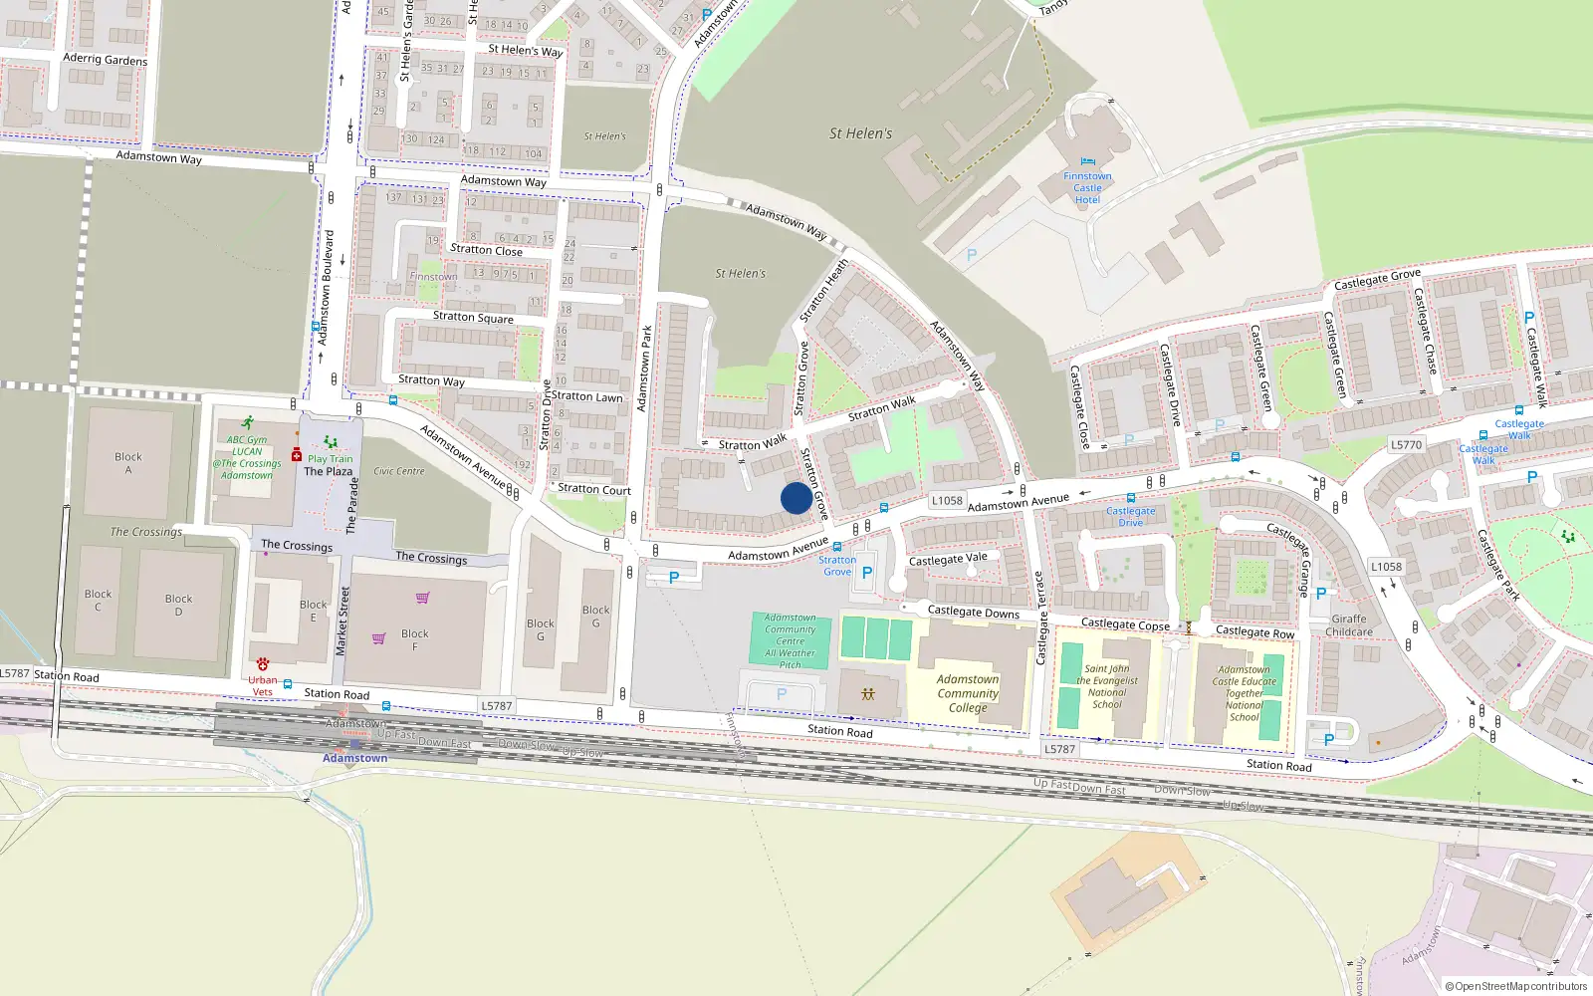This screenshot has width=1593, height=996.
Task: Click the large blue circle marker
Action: point(796,498)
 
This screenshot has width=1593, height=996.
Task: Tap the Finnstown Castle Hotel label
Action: point(1087,187)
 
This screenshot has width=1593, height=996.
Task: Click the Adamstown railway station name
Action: point(354,758)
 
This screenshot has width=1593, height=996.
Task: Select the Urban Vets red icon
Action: point(263,663)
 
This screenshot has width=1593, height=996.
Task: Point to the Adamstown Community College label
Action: point(967,693)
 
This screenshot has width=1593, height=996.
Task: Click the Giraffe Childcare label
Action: point(1349,624)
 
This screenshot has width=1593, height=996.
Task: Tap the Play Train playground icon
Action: point(331,442)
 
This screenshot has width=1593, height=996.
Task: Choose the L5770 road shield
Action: point(1407,445)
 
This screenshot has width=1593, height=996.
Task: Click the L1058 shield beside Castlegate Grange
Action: point(1386,567)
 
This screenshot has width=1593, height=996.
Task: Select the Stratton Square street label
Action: point(473,318)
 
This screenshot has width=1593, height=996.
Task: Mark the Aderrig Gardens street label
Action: point(105,60)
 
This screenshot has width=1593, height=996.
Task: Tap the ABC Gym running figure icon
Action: point(247,422)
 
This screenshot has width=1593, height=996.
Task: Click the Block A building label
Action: point(128,463)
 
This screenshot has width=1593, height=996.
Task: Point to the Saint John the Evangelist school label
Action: point(1106,686)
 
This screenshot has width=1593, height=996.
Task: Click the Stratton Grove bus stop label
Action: point(836,566)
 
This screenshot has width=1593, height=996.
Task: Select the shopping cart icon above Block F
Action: point(422,598)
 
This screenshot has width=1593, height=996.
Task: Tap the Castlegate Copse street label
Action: point(1125,624)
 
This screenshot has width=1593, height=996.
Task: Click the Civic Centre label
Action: point(398,471)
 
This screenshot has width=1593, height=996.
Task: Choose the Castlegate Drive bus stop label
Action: point(1130,516)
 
